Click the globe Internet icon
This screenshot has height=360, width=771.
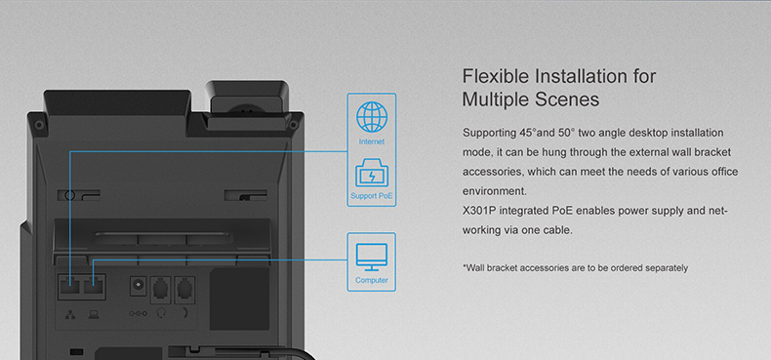tap(371, 116)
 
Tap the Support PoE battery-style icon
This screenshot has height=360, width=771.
tap(371, 177)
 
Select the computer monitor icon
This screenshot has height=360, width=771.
tap(371, 257)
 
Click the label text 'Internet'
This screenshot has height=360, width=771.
tap(371, 142)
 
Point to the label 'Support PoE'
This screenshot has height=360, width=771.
tap(371, 197)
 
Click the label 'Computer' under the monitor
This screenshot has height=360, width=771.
tap(371, 281)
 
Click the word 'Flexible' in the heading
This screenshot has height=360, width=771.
tap(497, 77)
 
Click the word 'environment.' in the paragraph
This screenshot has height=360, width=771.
tap(494, 191)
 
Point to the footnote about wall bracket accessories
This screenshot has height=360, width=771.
tap(575, 267)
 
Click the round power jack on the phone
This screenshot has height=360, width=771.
tap(139, 286)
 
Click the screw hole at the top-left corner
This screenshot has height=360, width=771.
tap(37, 124)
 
